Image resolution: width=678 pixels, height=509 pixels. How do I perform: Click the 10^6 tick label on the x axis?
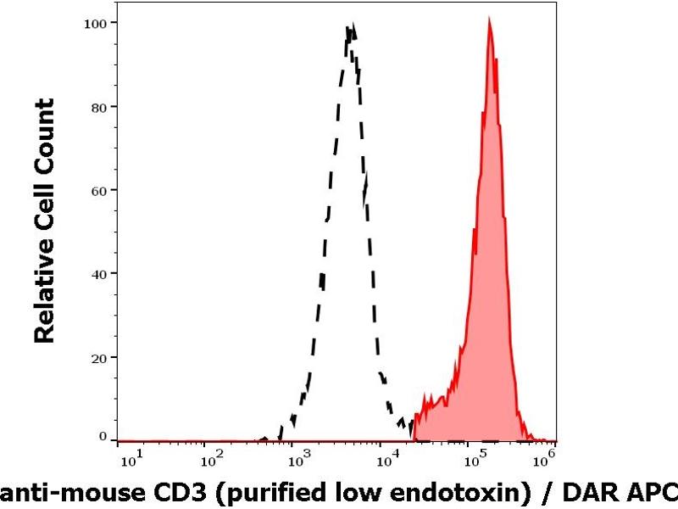(x=547, y=459)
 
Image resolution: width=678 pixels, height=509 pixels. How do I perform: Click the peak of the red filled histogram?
(x=489, y=20)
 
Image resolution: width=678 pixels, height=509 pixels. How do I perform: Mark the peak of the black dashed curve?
(x=350, y=27)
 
